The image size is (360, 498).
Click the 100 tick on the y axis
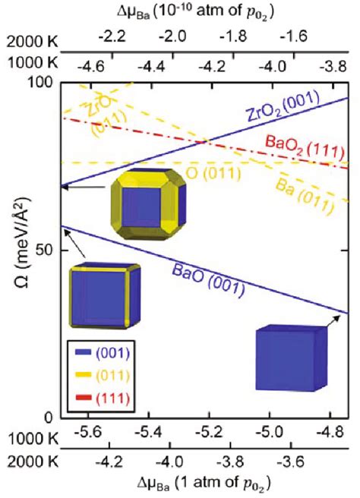(x=44, y=83)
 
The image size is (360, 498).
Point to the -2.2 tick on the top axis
(x=110, y=35)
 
